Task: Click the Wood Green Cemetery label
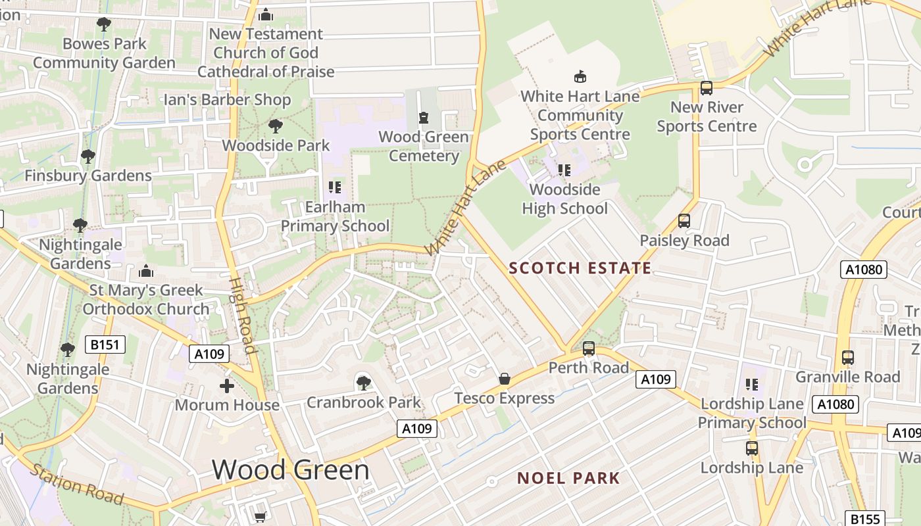click(424, 147)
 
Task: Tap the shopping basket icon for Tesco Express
click(505, 379)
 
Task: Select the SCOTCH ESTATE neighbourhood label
click(580, 268)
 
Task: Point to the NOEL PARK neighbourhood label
click(568, 478)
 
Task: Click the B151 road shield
click(105, 344)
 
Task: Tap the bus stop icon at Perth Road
click(589, 348)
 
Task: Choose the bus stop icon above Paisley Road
click(684, 221)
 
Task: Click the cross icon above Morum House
click(227, 385)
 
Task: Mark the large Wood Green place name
click(291, 469)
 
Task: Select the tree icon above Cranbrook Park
click(363, 383)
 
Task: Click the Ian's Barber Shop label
click(227, 100)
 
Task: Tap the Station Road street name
click(77, 485)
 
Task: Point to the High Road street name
click(241, 314)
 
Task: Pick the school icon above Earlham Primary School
click(334, 187)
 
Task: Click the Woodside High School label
click(564, 199)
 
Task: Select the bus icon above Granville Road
click(848, 358)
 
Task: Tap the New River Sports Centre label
click(707, 116)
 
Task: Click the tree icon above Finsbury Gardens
click(87, 156)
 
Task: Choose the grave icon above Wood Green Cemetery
click(424, 118)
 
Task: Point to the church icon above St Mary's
click(146, 271)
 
